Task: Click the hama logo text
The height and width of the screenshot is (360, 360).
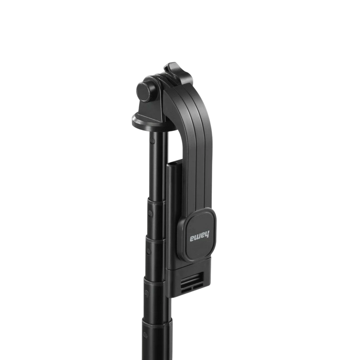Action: (199, 237)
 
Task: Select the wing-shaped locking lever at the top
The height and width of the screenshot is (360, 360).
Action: (176, 73)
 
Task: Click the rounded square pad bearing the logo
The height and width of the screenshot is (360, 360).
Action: (197, 235)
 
